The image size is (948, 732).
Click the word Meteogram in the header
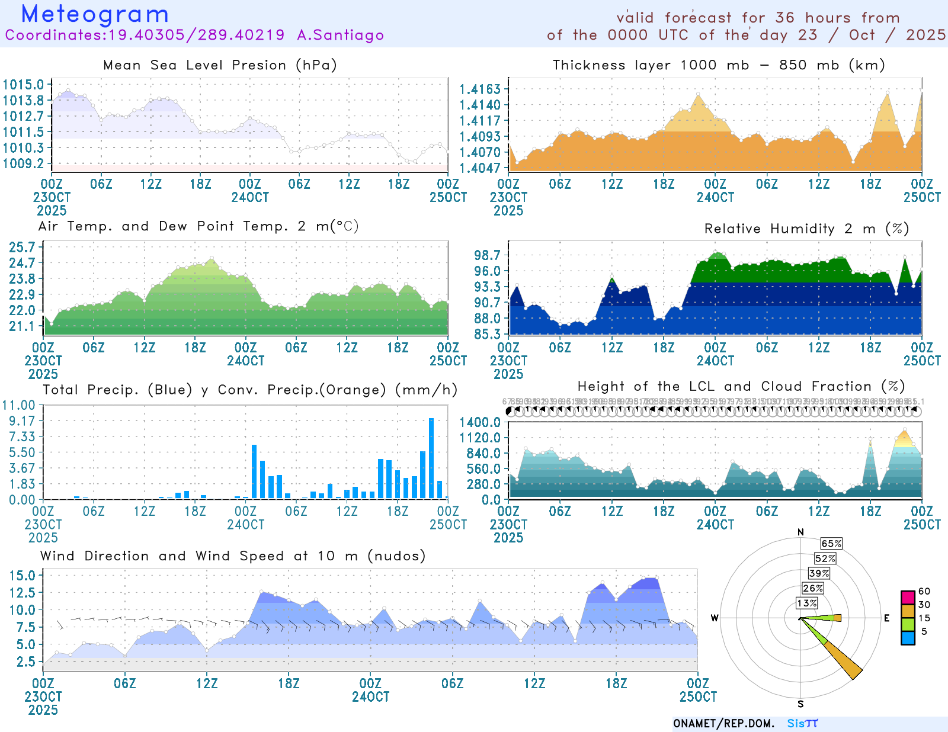tap(95, 14)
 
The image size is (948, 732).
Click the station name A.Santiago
tap(340, 35)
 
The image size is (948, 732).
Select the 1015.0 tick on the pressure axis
tap(24, 85)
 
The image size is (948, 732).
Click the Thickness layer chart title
tap(719, 65)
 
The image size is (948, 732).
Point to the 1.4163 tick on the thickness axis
tap(480, 89)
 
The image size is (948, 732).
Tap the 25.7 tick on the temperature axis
tap(22, 247)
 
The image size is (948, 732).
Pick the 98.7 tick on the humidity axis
tap(487, 255)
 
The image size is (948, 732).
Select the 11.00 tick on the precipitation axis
tap(19, 405)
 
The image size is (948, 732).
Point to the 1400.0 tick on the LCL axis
tap(480, 422)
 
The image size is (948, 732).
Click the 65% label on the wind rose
tap(831, 544)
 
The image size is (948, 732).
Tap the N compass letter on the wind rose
tap(801, 532)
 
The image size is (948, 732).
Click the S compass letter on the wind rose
tap(800, 704)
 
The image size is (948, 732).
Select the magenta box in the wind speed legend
tap(908, 598)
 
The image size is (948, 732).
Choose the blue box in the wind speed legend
tap(908, 638)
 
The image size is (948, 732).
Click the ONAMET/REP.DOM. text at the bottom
tap(723, 724)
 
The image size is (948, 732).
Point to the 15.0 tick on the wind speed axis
tap(23, 576)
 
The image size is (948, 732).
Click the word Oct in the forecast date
tap(861, 35)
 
